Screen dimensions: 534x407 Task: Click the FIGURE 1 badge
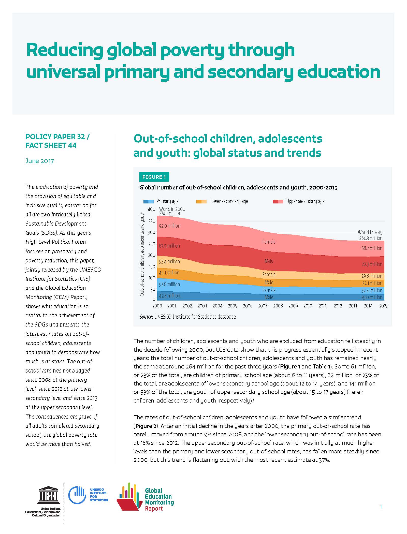click(154, 177)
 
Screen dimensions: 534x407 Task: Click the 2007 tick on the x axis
click(263, 306)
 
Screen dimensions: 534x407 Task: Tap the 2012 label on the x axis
click(338, 306)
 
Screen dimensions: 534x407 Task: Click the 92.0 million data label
click(169, 226)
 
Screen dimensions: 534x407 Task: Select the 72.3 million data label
click(372, 264)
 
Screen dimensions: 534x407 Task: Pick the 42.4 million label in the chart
click(169, 296)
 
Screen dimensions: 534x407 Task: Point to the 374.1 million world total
click(170, 213)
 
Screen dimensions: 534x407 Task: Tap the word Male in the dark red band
click(269, 261)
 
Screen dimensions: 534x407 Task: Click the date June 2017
click(39, 161)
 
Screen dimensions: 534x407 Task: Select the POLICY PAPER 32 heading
click(57, 137)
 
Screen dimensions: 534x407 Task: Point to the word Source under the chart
click(146, 317)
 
